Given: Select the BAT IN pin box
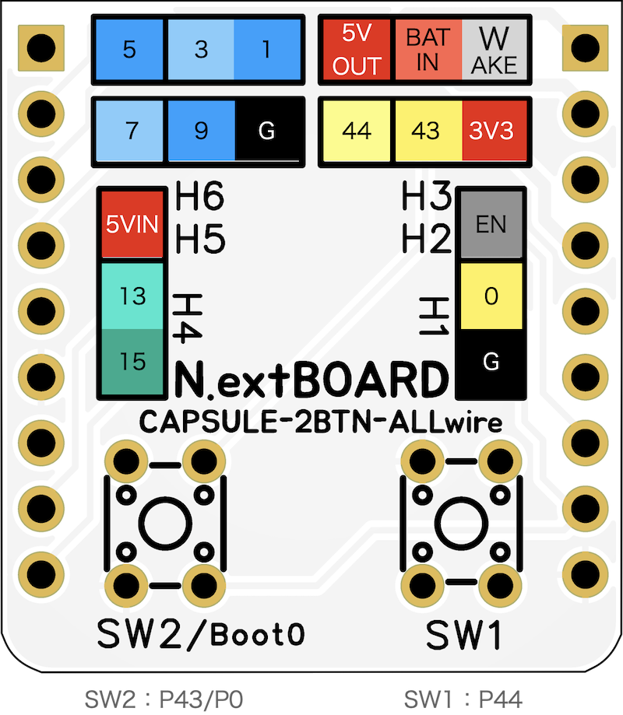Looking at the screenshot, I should point(428,49).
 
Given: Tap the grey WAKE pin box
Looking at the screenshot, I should point(493,49).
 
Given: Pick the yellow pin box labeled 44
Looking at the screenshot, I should point(357,131).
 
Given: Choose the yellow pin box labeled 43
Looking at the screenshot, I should point(425,131).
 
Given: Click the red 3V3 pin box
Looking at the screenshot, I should point(492,131).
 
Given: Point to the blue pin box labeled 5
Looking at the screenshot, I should point(129,50).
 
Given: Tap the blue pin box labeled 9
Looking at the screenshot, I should point(200,131).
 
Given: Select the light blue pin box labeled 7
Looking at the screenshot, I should point(132,131).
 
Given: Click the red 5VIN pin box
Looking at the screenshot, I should point(132,226).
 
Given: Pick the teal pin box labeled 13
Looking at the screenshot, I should point(132,296).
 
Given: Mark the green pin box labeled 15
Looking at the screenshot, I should point(132,361).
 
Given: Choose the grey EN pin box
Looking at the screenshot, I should point(491,226).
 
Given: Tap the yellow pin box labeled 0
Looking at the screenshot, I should point(491,296).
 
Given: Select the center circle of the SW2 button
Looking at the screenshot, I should point(164,524).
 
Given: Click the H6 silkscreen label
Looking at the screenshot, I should point(200,198).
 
